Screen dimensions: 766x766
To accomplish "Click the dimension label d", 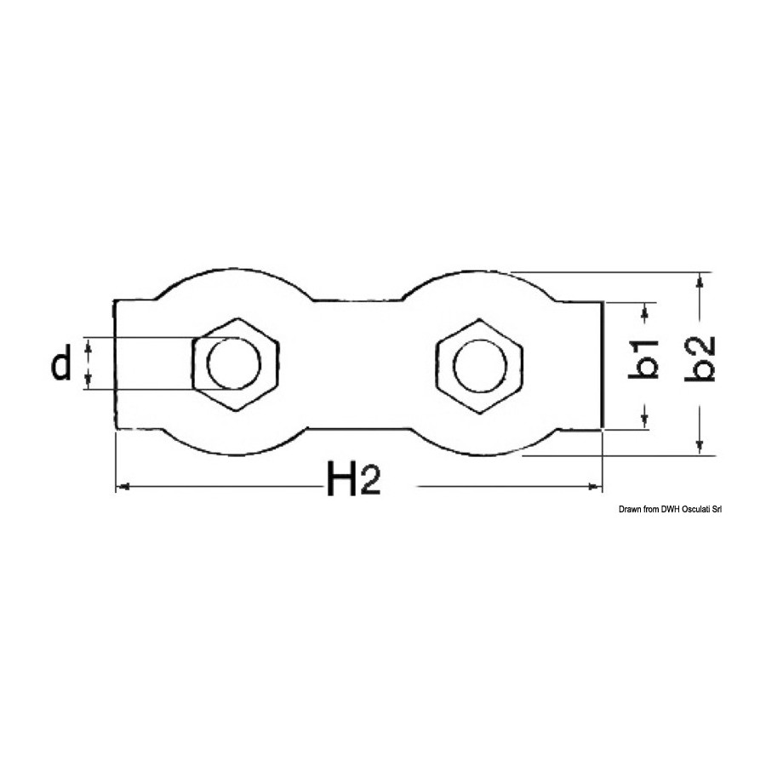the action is coord(61,362).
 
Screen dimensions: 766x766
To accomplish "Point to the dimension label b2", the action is coord(700,359).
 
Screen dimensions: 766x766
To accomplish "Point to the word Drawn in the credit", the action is coord(630,510).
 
